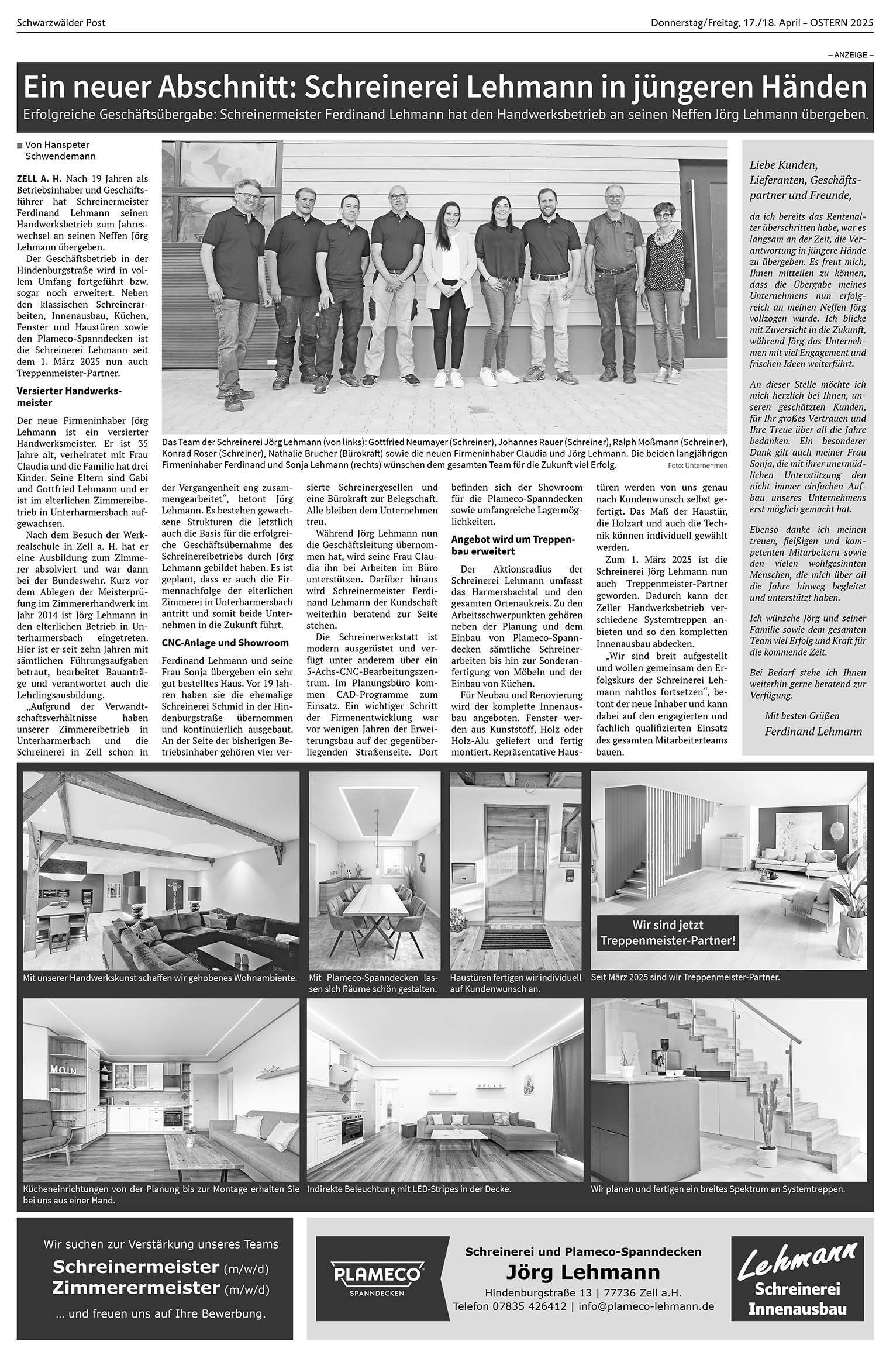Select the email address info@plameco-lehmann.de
click(x=646, y=1306)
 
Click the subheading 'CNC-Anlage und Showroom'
click(x=225, y=643)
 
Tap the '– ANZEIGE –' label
click(x=850, y=55)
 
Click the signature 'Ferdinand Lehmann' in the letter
click(x=813, y=732)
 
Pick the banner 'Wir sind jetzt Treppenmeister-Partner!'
click(x=667, y=933)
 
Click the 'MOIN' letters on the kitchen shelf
click(x=65, y=1070)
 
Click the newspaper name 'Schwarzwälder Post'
click(x=61, y=23)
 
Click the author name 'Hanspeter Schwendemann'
click(x=60, y=150)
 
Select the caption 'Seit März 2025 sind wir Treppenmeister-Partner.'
click(x=685, y=977)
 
